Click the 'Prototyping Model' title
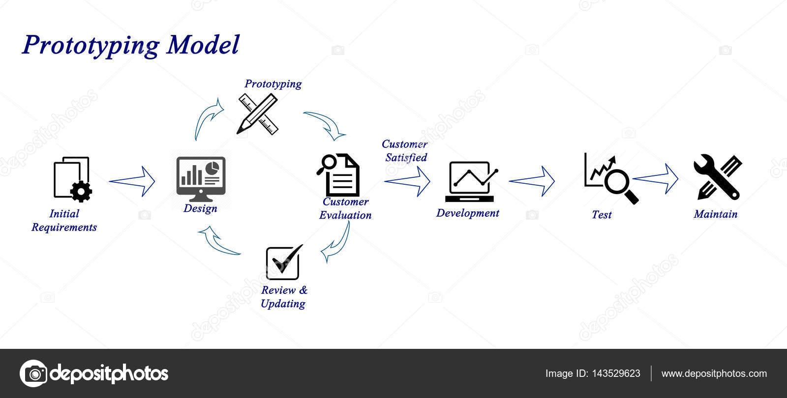[131, 45]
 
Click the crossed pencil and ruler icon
[258, 114]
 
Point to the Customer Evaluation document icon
[338, 175]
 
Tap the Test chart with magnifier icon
[610, 178]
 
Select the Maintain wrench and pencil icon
[717, 177]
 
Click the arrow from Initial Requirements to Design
[132, 181]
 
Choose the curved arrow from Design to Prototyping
[207, 119]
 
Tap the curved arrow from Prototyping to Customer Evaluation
[326, 124]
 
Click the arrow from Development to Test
[532, 181]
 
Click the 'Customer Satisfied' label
[405, 151]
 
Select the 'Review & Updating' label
[284, 297]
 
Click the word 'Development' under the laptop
[467, 213]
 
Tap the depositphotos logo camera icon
[33, 373]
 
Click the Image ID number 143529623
[616, 373]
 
